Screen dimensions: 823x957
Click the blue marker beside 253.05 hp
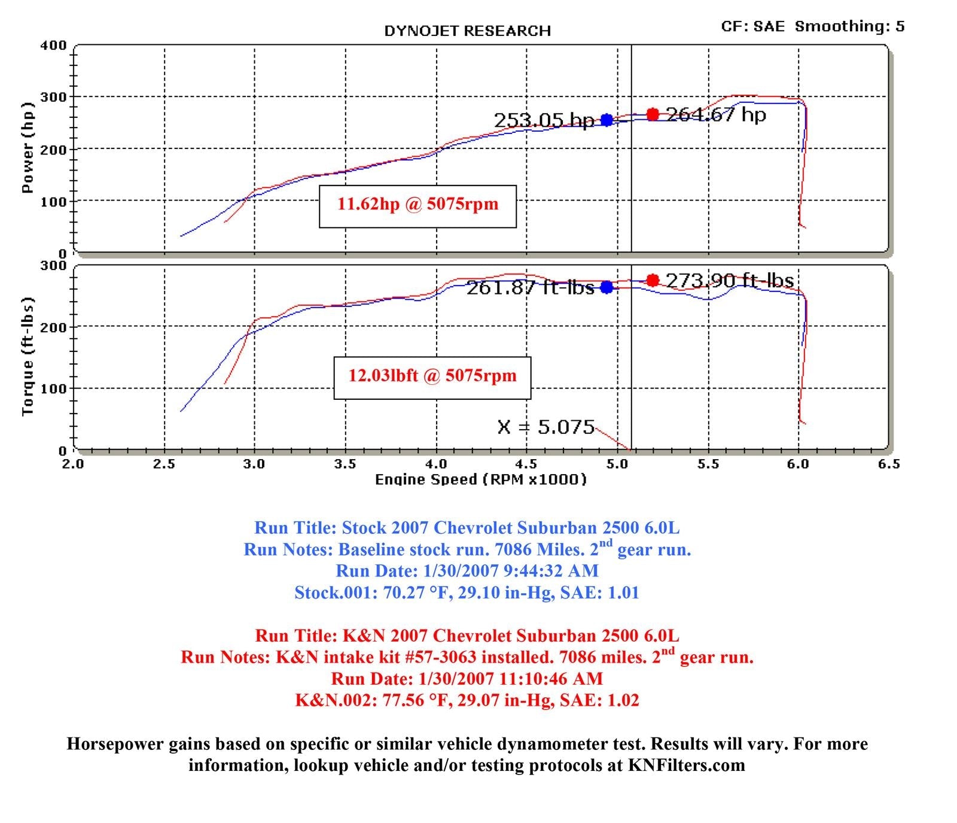click(606, 120)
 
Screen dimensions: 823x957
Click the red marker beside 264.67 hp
click(653, 114)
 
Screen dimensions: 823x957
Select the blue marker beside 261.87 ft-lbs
click(606, 287)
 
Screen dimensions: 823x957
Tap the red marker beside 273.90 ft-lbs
click(653, 280)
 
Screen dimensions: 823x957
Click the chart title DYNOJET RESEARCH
click(467, 31)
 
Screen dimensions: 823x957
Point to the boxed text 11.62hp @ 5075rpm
click(417, 204)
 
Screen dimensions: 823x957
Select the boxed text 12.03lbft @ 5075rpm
click(432, 376)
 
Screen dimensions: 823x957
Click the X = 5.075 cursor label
click(545, 427)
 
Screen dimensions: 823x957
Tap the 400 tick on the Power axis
click(53, 45)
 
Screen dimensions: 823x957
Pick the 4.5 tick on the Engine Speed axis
click(526, 464)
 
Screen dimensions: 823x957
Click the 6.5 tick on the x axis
click(889, 464)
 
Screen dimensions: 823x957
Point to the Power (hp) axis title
click(27, 148)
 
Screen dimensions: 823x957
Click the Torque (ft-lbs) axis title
click(27, 357)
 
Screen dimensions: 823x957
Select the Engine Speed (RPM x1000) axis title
click(480, 479)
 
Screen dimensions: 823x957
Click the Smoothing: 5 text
click(849, 26)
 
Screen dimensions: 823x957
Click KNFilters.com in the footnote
click(686, 765)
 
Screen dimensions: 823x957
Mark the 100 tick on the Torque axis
click(53, 388)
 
